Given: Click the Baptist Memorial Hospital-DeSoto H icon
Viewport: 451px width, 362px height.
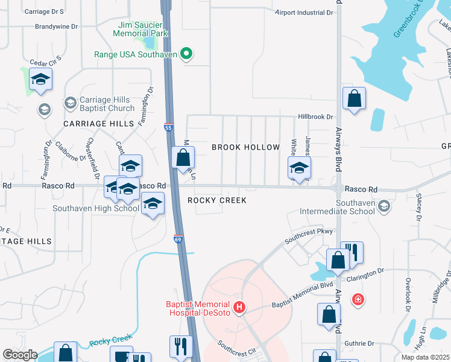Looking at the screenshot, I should (x=239, y=308).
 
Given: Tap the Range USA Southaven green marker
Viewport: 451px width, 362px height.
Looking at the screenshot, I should (x=186, y=54).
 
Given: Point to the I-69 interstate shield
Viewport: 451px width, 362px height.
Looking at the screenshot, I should (x=178, y=240).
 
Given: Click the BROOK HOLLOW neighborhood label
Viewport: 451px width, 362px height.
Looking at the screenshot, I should (x=245, y=147).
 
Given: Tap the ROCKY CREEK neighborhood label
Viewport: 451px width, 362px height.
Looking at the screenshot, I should (x=216, y=200).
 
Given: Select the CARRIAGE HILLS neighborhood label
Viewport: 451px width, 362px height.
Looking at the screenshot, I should (x=98, y=123).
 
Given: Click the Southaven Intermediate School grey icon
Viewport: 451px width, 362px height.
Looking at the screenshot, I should (x=385, y=207).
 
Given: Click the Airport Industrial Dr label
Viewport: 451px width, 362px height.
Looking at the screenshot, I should (x=304, y=12).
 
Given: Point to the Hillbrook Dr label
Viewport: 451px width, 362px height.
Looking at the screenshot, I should (x=315, y=117).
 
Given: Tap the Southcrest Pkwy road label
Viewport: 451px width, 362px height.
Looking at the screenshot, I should (x=309, y=231).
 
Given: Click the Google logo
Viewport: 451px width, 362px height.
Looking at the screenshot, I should (x=20, y=354).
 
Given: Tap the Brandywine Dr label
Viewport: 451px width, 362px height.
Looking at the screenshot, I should (x=57, y=27).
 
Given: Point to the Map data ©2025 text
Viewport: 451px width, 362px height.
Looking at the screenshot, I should (x=424, y=357).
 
